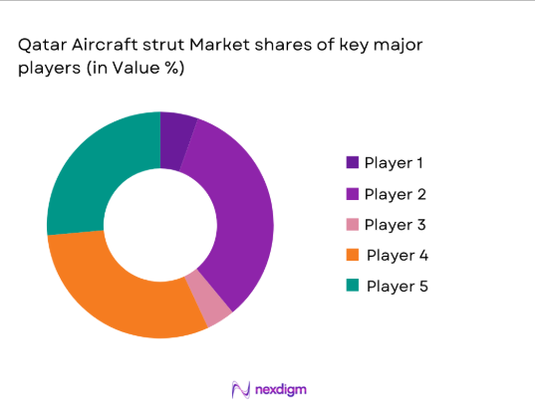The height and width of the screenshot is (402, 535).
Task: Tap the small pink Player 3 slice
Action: click(216, 307)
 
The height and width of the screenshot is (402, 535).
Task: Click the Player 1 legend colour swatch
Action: click(353, 162)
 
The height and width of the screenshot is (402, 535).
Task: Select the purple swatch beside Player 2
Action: click(353, 193)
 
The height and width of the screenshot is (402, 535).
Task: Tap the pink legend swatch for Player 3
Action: click(353, 224)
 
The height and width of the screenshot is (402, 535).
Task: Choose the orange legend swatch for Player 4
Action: click(353, 255)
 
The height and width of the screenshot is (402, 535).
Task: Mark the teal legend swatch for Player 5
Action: click(353, 287)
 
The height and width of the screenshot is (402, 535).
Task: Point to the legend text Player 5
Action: click(398, 287)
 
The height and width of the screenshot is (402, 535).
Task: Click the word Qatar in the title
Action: click(39, 46)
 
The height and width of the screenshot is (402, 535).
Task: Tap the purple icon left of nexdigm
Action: click(239, 388)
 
